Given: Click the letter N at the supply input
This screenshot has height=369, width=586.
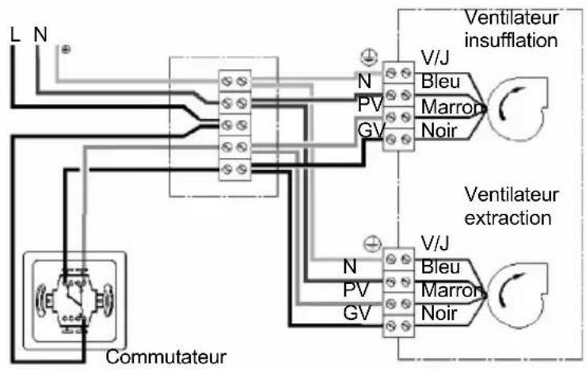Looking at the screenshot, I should [x=40, y=35].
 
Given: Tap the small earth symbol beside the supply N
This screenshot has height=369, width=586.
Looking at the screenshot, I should [x=65, y=49].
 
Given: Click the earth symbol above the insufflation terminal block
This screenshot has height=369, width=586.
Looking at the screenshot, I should [x=367, y=57].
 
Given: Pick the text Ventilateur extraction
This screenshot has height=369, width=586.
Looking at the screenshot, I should [x=511, y=205].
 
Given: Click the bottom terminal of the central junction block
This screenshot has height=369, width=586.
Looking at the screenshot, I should [x=234, y=168].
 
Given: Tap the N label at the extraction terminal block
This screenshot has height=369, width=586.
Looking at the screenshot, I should [x=349, y=267].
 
